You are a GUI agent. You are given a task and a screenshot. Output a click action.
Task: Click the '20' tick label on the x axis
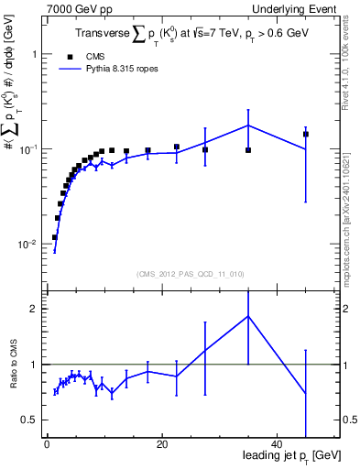point(161,444)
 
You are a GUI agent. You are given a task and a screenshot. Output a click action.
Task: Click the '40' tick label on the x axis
point(277,444)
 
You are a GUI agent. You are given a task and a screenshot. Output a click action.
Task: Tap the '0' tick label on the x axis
point(47,444)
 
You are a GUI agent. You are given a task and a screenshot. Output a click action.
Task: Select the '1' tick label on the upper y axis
point(35,54)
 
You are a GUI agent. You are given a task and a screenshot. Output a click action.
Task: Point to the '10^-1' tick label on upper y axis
point(29,148)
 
